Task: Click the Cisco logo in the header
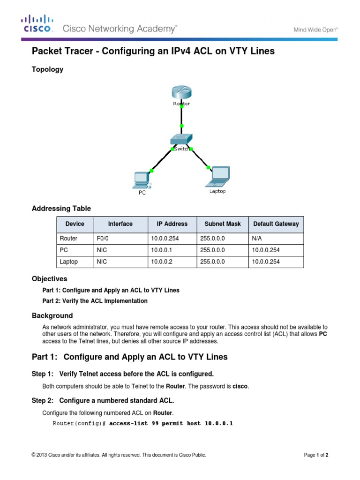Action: click(x=38, y=24)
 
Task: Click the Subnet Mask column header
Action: click(x=220, y=224)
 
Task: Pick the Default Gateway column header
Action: click(x=276, y=224)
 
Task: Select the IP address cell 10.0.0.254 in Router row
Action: click(x=165, y=238)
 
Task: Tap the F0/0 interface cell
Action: click(x=102, y=238)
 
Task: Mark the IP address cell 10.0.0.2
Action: click(x=162, y=262)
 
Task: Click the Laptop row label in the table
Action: click(x=69, y=262)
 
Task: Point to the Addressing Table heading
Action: click(x=61, y=208)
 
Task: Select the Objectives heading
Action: click(x=49, y=278)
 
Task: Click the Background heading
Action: click(x=52, y=315)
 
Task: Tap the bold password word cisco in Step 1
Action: click(x=241, y=386)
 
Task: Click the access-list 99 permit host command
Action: click(x=171, y=423)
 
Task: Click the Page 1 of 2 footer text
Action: click(x=319, y=455)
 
